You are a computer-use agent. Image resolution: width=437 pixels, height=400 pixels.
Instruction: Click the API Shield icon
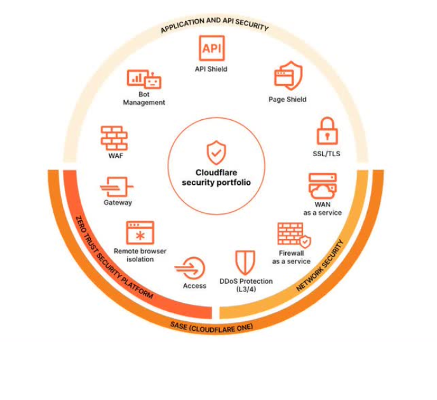pos(212,48)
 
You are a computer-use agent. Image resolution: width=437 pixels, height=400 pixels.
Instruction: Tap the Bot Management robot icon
pos(144,79)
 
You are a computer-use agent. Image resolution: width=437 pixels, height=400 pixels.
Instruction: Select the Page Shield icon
pos(288,76)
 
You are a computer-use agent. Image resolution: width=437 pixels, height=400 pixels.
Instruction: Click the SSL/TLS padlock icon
pos(327,131)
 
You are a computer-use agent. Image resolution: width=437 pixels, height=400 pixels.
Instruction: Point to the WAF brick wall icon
pos(114,138)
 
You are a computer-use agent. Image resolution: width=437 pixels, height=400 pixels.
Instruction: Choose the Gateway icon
pos(116,187)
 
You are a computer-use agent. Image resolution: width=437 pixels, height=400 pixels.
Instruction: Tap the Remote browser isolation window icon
pos(140,232)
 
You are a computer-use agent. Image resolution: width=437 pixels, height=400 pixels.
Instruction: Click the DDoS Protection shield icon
pos(245,262)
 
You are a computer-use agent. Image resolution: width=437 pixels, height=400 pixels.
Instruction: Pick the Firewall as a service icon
pos(294,236)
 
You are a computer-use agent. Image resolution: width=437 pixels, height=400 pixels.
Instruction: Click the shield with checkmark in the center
pos(216,152)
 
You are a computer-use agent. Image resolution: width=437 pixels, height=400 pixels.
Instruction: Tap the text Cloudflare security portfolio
pos(216,177)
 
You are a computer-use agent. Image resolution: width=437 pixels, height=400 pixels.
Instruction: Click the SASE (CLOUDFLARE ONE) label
pos(212,328)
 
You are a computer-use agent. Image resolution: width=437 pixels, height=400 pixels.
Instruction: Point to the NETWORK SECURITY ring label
pos(319,265)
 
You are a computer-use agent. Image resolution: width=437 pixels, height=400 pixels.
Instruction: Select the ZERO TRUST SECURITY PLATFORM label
pos(114,257)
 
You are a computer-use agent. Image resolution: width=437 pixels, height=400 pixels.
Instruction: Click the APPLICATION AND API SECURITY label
pos(215,25)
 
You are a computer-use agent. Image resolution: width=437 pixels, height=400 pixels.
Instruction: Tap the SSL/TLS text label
pos(326,154)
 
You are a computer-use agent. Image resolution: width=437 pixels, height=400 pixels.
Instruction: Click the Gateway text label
pos(118,203)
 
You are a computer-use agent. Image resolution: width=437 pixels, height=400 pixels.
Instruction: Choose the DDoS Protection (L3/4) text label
pos(246,285)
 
